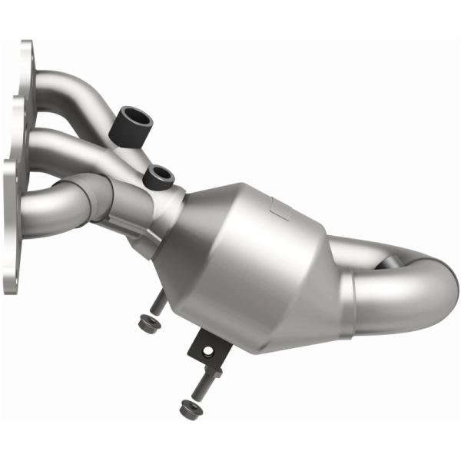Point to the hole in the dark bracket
point(206,350)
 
